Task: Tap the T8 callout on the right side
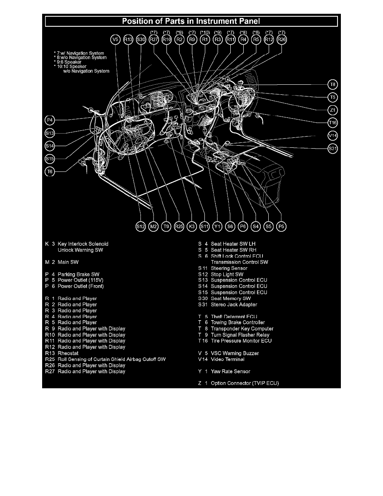point(333,84)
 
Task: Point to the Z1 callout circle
point(333,110)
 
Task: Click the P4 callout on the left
point(50,120)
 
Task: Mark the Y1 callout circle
point(217,226)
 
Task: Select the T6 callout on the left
point(50,172)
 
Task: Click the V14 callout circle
point(333,136)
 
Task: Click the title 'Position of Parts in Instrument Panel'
point(191,21)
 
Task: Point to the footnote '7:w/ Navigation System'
point(79,53)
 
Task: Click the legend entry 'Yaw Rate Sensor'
point(230,371)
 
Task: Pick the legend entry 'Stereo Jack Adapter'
point(234,304)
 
